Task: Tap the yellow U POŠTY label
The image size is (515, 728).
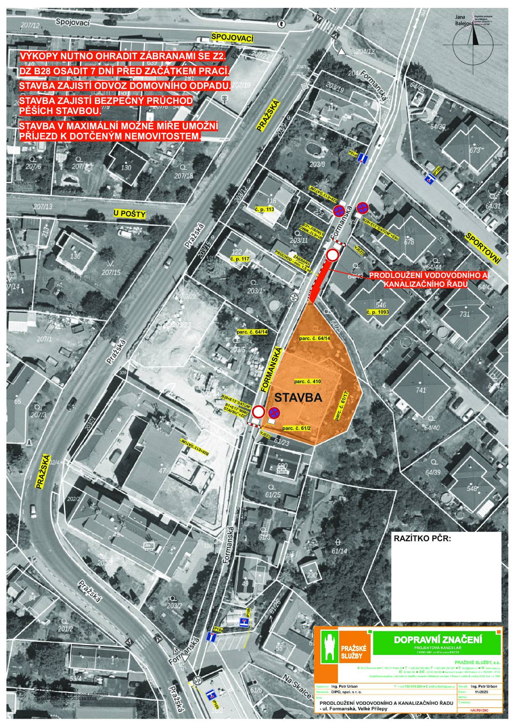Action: (x=130, y=213)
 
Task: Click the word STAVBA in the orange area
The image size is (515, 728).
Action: (x=298, y=397)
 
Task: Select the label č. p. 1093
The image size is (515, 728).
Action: (x=377, y=313)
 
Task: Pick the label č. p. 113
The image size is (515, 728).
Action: (x=264, y=209)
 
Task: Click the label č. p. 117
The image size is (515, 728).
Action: (x=239, y=259)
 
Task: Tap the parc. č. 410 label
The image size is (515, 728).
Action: (x=308, y=381)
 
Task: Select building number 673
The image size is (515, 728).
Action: (x=474, y=150)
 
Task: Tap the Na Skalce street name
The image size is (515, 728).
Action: (x=297, y=682)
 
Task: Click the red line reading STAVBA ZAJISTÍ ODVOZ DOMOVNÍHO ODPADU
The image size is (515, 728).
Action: (x=125, y=86)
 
